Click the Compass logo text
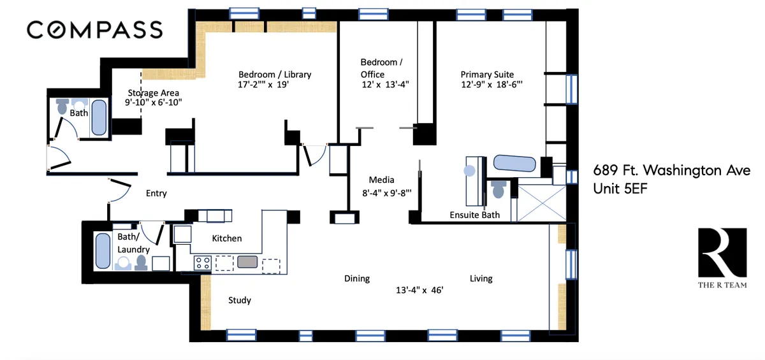[94, 29]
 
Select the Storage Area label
[152, 93]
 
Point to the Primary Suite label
[487, 75]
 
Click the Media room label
[381, 180]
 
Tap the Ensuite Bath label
[475, 215]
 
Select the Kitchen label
[226, 238]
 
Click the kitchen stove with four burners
[203, 261]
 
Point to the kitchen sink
[247, 261]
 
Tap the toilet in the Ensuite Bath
[499, 189]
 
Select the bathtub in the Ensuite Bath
[514, 164]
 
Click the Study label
[239, 300]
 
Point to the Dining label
[357, 278]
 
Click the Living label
[481, 278]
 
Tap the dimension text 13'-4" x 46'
[419, 290]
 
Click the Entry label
[156, 193]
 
